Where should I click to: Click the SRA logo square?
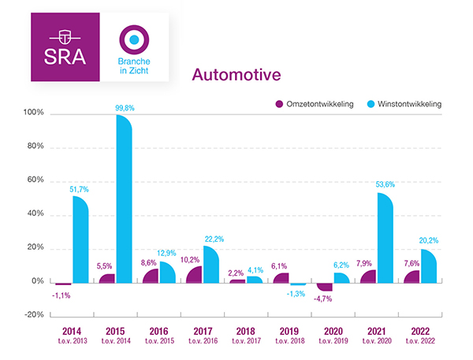(x=65, y=46)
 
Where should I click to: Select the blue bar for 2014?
(x=80, y=240)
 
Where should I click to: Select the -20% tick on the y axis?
(x=33, y=315)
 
